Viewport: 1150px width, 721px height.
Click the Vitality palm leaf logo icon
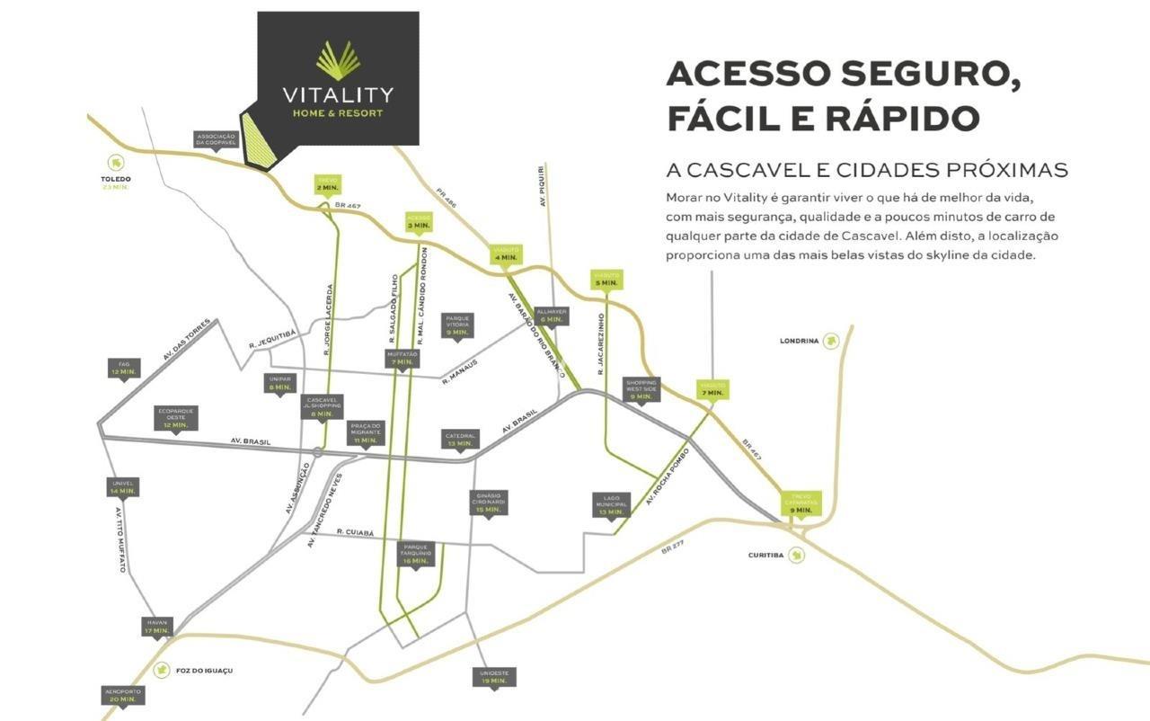(338, 60)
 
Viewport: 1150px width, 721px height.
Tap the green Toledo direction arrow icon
(115, 163)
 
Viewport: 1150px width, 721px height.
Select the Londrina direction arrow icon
(831, 341)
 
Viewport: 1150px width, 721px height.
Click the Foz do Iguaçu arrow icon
(161, 670)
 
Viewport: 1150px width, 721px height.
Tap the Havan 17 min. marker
(156, 627)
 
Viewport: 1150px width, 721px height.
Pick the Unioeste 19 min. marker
(494, 677)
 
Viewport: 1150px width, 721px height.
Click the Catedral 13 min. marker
(459, 440)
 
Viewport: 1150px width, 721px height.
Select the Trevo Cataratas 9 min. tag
(801, 503)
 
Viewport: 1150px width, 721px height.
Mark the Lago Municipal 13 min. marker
(610, 504)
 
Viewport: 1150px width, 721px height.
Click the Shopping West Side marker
(641, 389)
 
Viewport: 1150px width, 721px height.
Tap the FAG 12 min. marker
(124, 368)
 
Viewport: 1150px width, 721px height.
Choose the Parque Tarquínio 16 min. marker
(415, 554)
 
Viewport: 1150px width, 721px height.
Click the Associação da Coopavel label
(215, 138)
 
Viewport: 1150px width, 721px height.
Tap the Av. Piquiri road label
(543, 187)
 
